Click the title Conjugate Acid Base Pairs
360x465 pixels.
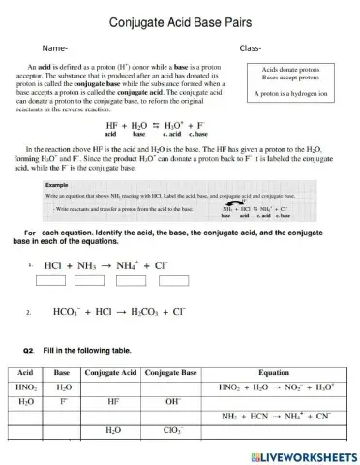[180, 21]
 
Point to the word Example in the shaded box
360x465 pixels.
[57, 183]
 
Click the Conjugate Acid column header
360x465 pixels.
[112, 372]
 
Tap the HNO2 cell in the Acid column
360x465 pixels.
[27, 386]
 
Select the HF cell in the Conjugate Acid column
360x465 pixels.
[112, 399]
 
